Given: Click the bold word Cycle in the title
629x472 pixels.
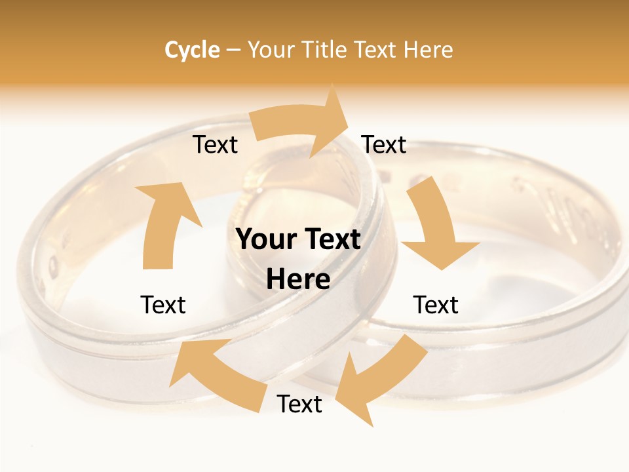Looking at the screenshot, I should [192, 50].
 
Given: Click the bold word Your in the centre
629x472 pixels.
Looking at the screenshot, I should [268, 239].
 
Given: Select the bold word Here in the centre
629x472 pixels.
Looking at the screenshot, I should [298, 280].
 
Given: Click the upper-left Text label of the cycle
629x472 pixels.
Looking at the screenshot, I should [215, 145].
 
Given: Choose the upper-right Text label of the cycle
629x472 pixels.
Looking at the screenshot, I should [384, 145].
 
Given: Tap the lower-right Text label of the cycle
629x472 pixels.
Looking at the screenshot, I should [436, 305].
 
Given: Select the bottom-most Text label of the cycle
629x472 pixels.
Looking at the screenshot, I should [299, 404].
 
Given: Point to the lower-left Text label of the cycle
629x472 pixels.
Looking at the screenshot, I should [163, 305].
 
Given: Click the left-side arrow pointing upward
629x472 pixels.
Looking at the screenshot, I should [164, 223].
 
